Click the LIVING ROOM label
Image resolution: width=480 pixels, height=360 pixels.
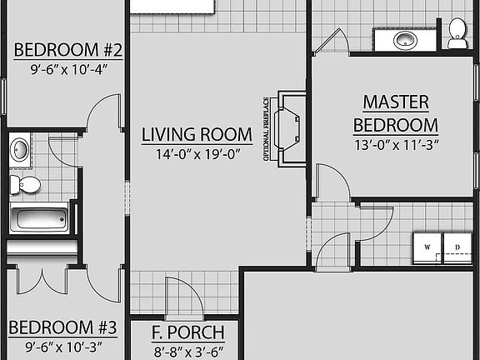pyautogui.click(x=197, y=134)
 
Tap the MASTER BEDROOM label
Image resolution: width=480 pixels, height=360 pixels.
pyautogui.click(x=396, y=113)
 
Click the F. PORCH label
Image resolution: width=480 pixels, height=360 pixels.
pyautogui.click(x=187, y=333)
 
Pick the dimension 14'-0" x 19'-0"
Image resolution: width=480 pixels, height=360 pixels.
pyautogui.click(x=197, y=153)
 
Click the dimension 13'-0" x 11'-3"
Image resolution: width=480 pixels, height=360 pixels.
pyautogui.click(x=396, y=143)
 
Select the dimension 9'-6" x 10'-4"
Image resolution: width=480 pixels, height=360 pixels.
pyautogui.click(x=68, y=70)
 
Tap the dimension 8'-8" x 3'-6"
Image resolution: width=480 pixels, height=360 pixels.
pyautogui.click(x=187, y=351)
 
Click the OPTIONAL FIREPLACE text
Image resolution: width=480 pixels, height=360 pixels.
pyautogui.click(x=266, y=128)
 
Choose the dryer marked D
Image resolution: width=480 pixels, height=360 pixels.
pyautogui.click(x=457, y=247)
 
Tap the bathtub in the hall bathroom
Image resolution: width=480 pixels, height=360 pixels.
pyautogui.click(x=39, y=220)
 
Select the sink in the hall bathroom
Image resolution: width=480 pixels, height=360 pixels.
pyautogui.click(x=20, y=151)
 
